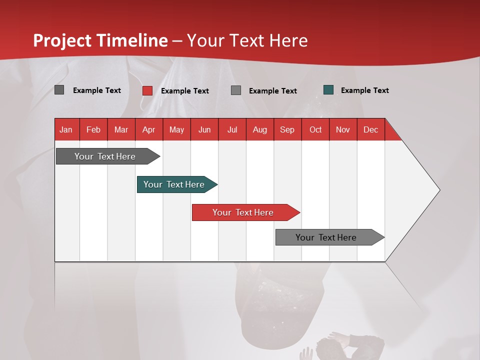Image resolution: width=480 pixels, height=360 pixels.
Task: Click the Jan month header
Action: [66, 129]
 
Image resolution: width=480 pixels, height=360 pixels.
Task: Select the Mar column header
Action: [121, 129]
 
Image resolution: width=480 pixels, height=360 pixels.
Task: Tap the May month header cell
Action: [176, 129]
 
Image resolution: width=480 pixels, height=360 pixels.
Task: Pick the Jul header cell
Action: [232, 129]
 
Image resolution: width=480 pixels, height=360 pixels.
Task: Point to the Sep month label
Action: [287, 129]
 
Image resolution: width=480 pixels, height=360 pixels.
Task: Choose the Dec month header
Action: [370, 129]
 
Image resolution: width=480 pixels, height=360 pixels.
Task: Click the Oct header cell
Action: [315, 129]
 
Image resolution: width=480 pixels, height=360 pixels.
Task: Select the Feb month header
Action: [93, 129]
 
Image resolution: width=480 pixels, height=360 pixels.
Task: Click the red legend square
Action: [147, 90]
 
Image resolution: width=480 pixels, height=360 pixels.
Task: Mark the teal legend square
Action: [328, 90]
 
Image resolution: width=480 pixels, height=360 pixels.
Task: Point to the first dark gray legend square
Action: [59, 90]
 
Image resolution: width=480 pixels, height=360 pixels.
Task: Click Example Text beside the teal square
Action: [364, 90]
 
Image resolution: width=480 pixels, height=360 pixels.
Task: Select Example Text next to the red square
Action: [184, 91]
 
